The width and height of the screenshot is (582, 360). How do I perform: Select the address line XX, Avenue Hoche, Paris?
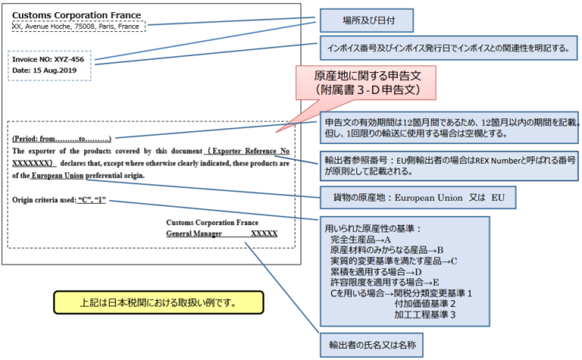[76, 27]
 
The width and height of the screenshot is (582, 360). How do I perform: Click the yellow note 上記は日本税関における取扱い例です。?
[158, 302]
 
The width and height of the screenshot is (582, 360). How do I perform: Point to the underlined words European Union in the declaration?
[58, 175]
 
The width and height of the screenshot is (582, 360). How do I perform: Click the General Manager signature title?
[194, 234]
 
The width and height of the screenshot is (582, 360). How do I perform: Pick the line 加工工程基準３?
[424, 314]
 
